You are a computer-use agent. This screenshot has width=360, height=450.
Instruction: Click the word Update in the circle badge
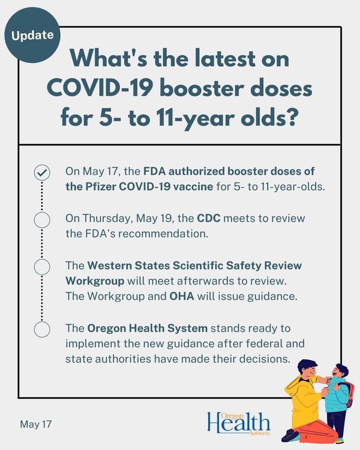(32, 35)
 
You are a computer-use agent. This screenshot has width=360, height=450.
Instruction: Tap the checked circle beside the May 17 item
(42, 172)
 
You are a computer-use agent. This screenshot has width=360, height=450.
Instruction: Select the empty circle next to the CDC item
(42, 220)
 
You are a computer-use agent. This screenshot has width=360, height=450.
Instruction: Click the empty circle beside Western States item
(42, 267)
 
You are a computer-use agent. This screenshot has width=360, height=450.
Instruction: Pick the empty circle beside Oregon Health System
(42, 329)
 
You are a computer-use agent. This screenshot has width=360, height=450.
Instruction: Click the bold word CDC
(208, 218)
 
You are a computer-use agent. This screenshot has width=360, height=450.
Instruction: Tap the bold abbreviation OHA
(182, 296)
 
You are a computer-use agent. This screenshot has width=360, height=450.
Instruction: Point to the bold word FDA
(154, 171)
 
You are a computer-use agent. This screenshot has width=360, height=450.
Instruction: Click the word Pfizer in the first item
(101, 187)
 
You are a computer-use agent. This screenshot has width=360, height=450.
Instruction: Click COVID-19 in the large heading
(99, 88)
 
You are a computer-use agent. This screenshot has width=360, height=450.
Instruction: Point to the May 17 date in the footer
(36, 424)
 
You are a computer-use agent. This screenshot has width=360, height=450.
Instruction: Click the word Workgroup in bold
(95, 281)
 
